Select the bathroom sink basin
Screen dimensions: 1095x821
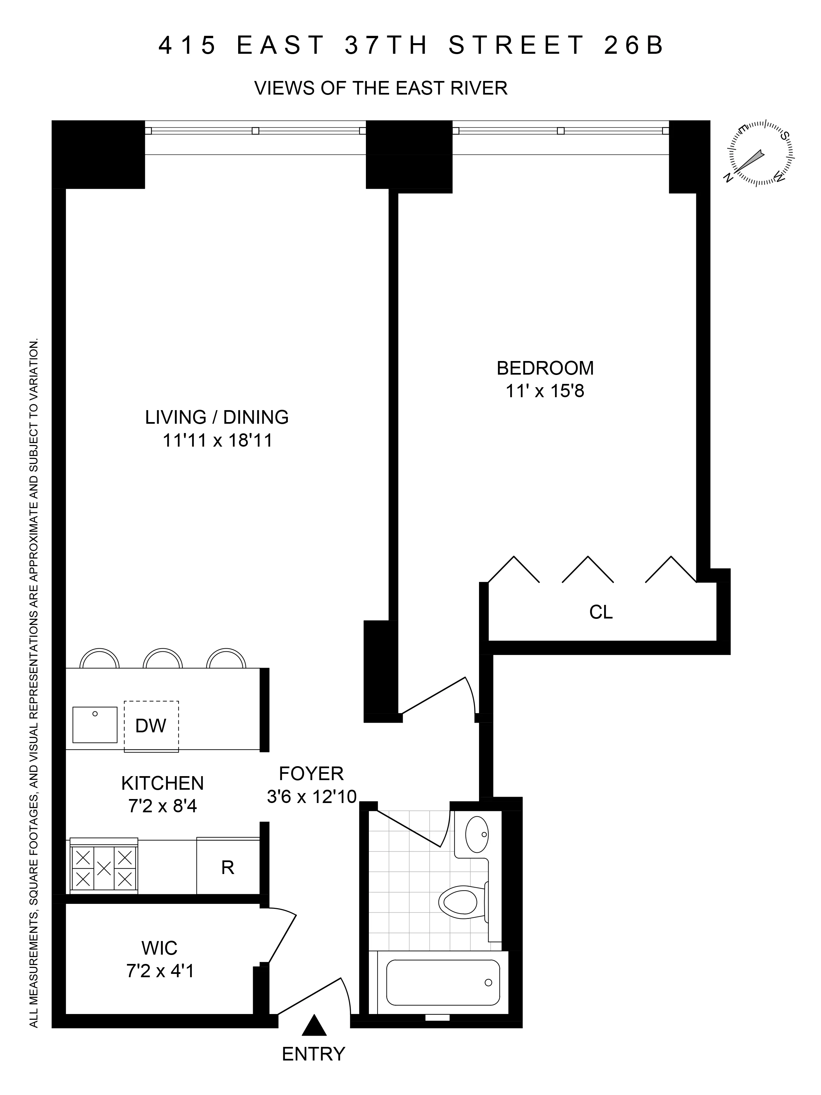(477, 834)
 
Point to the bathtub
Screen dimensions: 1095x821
(443, 983)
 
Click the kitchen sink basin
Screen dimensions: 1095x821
(95, 725)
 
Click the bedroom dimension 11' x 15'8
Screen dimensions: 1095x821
(545, 392)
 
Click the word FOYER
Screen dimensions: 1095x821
(311, 773)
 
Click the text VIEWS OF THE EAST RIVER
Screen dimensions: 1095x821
(380, 89)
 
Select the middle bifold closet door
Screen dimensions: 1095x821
(588, 569)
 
